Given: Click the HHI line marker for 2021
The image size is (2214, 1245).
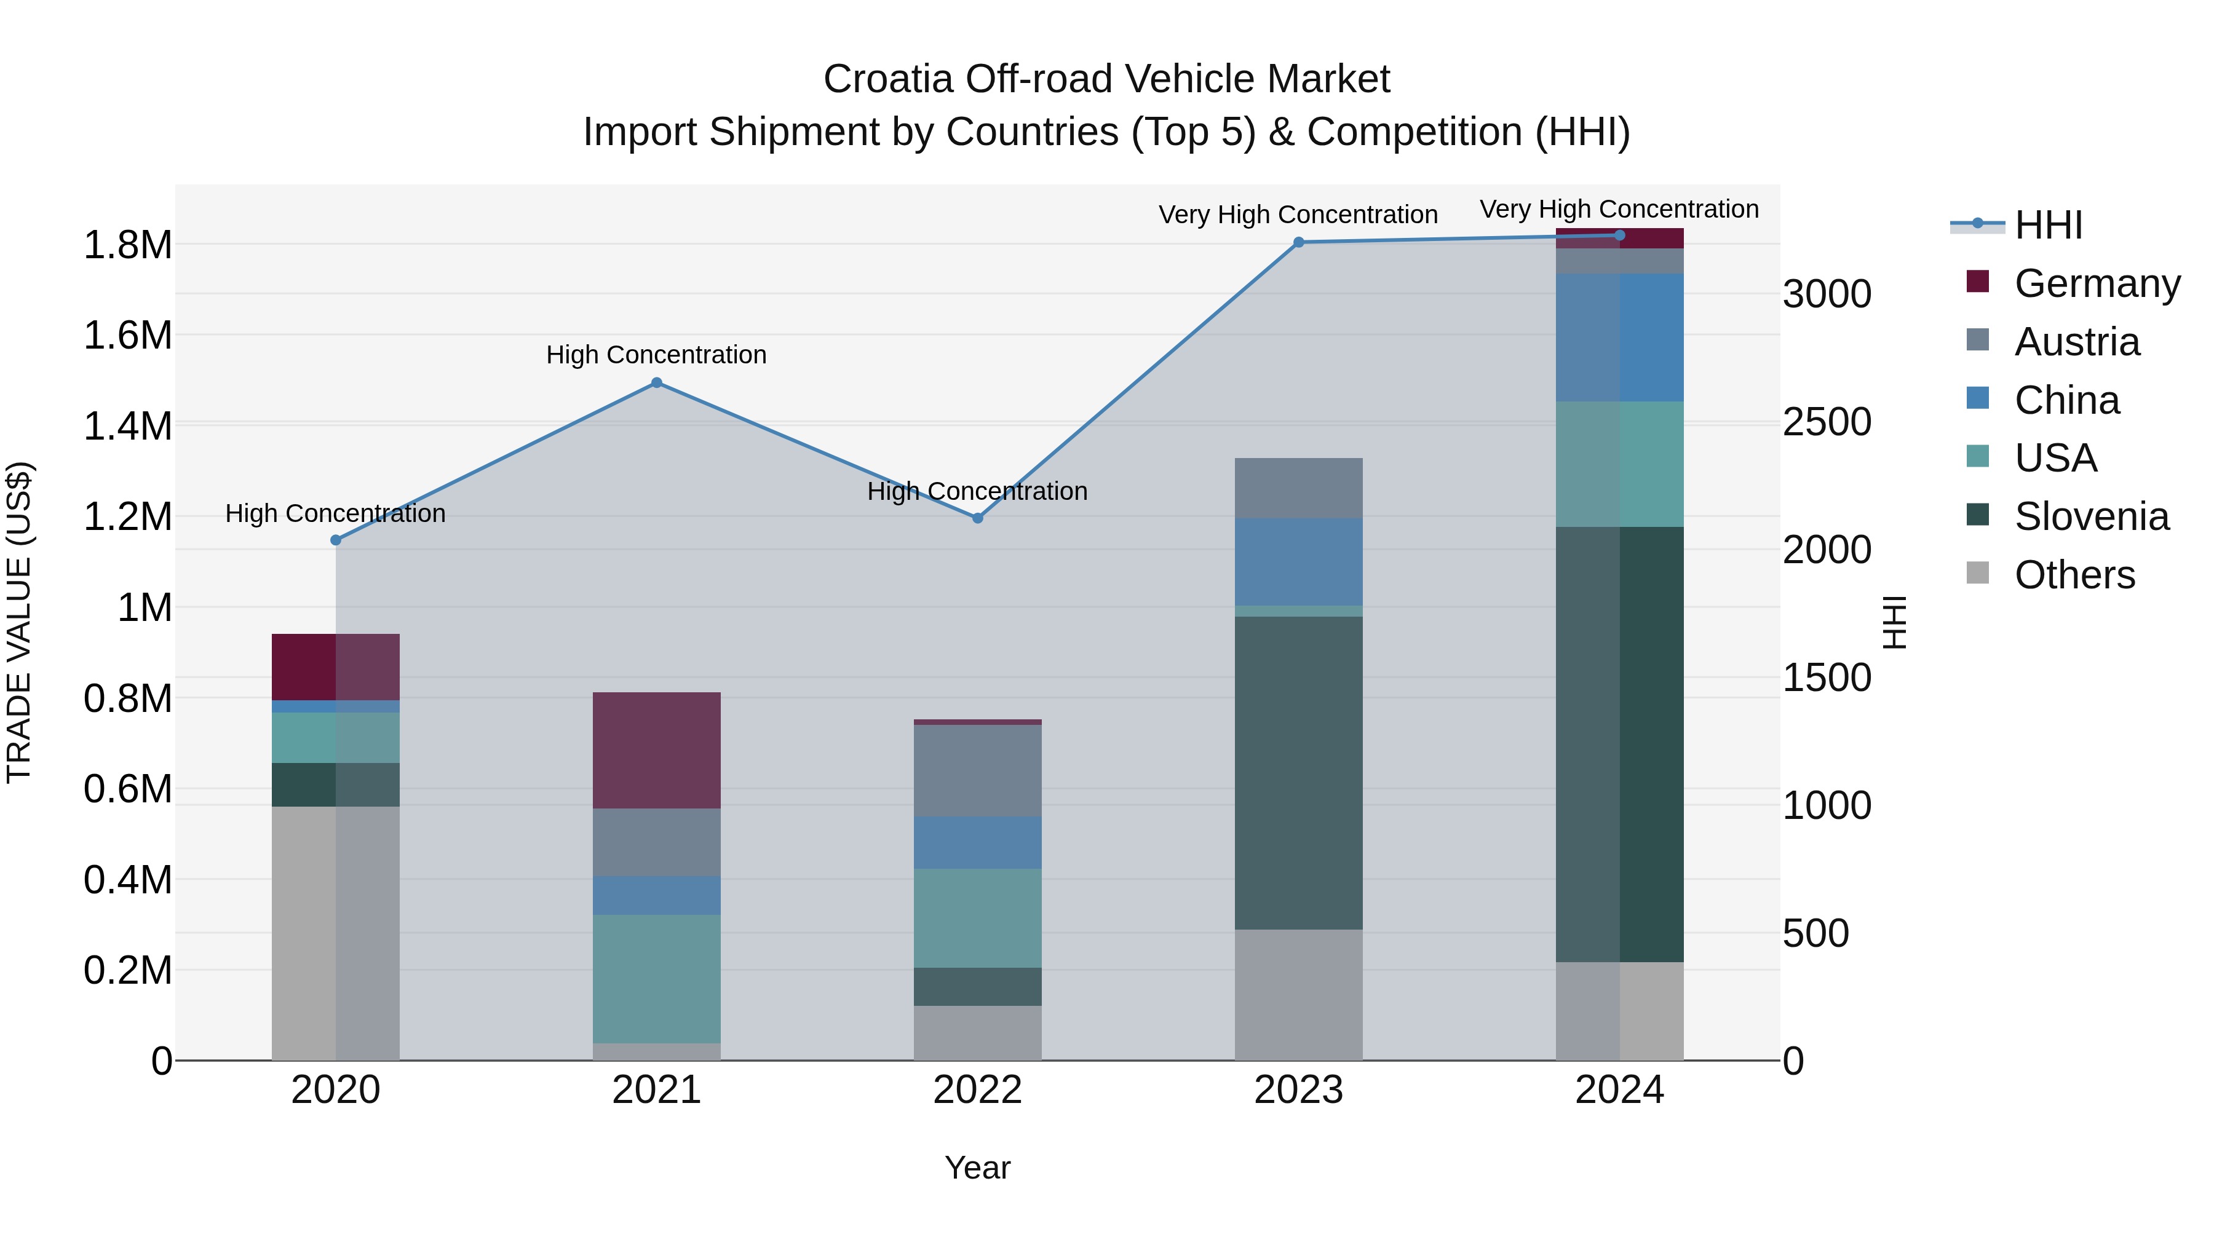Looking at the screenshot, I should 657,382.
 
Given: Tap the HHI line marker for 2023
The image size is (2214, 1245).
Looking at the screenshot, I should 1299,242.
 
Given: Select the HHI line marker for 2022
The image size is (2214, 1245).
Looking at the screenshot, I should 977,518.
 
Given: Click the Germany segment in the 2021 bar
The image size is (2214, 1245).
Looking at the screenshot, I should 657,750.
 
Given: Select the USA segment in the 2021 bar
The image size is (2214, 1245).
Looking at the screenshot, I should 657,979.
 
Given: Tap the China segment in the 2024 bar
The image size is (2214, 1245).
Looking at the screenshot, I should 1619,338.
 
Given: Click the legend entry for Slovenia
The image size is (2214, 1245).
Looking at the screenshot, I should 2091,516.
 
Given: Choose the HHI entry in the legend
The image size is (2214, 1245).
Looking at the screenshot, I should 2048,225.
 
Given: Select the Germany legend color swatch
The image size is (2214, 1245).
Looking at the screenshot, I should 1978,282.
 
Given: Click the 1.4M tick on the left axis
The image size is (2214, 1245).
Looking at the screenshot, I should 127,426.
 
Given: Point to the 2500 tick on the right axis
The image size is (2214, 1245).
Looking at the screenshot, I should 1827,422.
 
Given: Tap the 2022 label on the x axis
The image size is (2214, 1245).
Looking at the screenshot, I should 977,1090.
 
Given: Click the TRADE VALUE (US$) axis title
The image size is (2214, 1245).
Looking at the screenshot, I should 19,622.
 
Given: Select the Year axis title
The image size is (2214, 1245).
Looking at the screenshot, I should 977,1168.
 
